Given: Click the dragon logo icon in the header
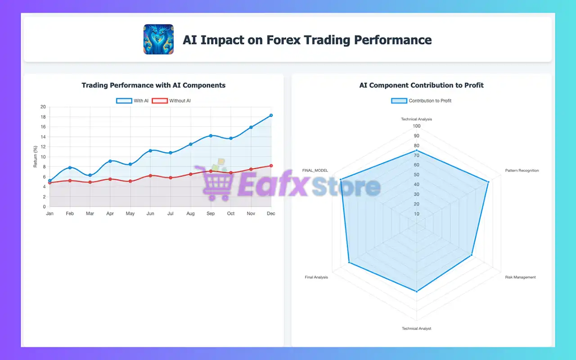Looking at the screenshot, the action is click(158, 39).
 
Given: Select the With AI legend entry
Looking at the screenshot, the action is click(132, 101).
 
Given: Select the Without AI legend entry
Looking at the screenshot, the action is click(171, 101).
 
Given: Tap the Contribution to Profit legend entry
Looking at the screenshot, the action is click(421, 101).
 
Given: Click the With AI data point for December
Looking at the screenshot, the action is click(271, 116).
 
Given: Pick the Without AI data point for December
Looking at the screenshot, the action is click(271, 166).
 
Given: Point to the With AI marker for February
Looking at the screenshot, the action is click(70, 168).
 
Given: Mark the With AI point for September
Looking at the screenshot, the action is click(211, 136).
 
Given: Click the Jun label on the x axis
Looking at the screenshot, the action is click(150, 213).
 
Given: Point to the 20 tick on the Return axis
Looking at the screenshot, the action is click(43, 107).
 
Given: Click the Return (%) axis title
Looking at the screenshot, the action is click(36, 157).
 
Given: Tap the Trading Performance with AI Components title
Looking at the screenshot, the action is click(153, 85).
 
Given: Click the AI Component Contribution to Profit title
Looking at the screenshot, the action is click(421, 85).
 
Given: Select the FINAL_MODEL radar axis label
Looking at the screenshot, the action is click(315, 171).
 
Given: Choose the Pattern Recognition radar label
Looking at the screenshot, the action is click(522, 171).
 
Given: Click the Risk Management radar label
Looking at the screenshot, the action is click(520, 277).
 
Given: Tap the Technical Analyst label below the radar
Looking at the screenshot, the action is click(416, 328).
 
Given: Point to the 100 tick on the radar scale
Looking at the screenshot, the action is click(417, 126).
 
